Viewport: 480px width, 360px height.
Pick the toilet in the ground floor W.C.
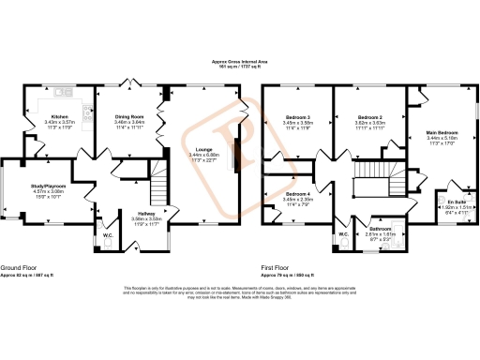tap(108, 243)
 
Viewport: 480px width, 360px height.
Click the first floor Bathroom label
tap(380, 228)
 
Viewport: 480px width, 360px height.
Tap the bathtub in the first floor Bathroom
tap(378, 243)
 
